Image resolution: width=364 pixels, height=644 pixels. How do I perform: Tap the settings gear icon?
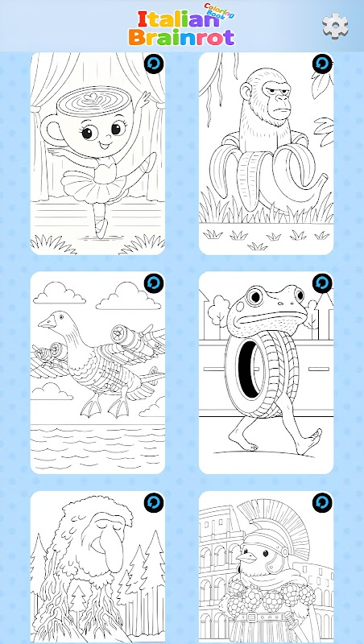pyautogui.click(x=335, y=26)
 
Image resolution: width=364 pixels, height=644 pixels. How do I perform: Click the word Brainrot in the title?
pyautogui.click(x=181, y=37)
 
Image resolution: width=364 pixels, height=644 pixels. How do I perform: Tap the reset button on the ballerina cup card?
pyautogui.click(x=154, y=64)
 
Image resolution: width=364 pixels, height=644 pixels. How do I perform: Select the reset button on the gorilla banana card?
pyautogui.click(x=322, y=64)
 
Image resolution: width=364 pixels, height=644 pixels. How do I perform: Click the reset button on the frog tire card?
pyautogui.click(x=322, y=283)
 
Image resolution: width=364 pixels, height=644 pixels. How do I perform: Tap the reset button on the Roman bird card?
pyautogui.click(x=322, y=502)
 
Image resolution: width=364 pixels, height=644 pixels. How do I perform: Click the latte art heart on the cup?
pyautogui.click(x=91, y=97)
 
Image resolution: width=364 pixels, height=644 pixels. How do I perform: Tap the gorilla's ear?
pyautogui.click(x=246, y=91)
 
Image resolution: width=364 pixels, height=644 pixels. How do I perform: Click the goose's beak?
pyautogui.click(x=47, y=324)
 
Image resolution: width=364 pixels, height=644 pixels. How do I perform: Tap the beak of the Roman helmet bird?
pyautogui.click(x=246, y=556)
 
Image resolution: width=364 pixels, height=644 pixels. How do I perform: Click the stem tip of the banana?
pyautogui.click(x=323, y=179)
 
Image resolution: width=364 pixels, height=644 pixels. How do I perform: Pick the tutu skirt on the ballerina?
pyautogui.click(x=93, y=187)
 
